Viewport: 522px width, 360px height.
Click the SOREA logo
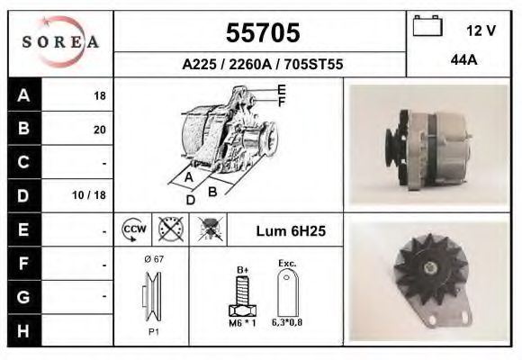coord(60,43)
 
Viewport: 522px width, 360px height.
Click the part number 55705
coord(261,33)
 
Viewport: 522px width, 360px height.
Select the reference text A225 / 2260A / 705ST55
coord(262,65)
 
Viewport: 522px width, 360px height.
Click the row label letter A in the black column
coord(24,94)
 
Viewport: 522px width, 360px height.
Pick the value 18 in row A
coord(99,95)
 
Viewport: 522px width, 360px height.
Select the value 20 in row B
coord(99,129)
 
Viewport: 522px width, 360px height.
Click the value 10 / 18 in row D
coord(93,195)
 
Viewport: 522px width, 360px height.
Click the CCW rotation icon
coord(132,229)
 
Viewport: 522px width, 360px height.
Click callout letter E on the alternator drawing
coord(282,89)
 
